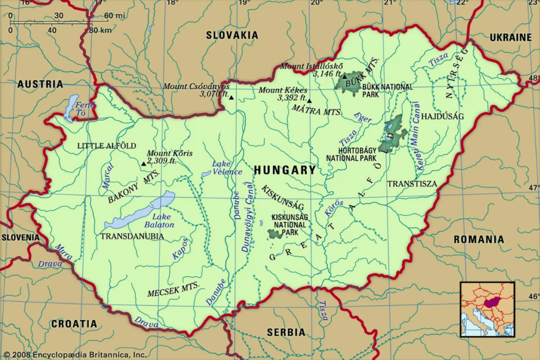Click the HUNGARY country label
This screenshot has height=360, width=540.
pyautogui.click(x=285, y=170)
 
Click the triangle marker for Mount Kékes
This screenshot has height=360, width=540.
pyautogui.click(x=310, y=101)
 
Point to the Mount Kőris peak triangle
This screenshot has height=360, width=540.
pyautogui.click(x=143, y=163)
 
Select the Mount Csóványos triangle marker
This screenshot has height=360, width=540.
pyautogui.click(x=231, y=98)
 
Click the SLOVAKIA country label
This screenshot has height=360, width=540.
pyautogui.click(x=232, y=35)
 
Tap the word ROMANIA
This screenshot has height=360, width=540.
pyautogui.click(x=478, y=239)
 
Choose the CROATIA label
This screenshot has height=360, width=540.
pyautogui.click(x=74, y=324)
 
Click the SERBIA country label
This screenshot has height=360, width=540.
pyautogui.click(x=286, y=332)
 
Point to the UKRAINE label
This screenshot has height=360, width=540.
pyautogui.click(x=510, y=37)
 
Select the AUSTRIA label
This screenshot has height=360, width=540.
pyautogui.click(x=40, y=84)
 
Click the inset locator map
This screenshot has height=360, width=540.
pyautogui.click(x=487, y=309)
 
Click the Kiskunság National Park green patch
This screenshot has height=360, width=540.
pyautogui.click(x=274, y=233)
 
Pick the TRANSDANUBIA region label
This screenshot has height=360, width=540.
pyautogui.click(x=132, y=237)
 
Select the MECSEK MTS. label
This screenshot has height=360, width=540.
pyautogui.click(x=173, y=289)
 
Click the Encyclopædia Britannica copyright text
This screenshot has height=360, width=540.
pyautogui.click(x=74, y=355)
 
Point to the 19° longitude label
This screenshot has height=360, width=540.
pyautogui.click(x=243, y=4)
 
